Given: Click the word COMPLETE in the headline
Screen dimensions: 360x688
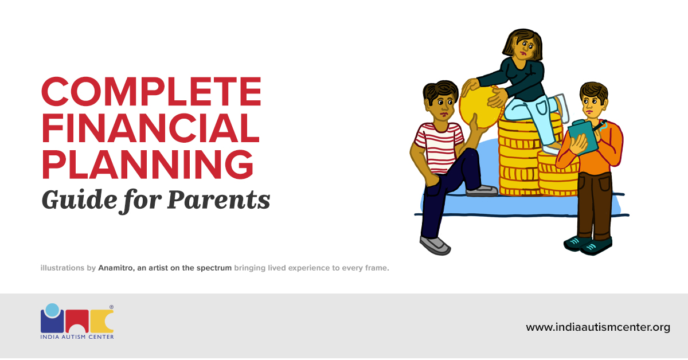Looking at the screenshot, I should tap(151, 91).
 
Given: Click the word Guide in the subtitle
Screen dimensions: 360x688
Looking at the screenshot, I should tap(73, 200).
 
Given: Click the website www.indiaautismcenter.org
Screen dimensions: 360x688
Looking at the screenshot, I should tap(598, 327).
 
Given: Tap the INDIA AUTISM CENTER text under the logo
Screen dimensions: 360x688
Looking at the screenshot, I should tap(77, 336).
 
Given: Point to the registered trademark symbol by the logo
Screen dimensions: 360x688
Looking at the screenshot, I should tap(111, 307).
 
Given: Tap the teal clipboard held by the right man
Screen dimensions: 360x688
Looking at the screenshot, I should tap(584, 136).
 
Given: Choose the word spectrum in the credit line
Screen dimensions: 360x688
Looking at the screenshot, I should tap(213, 268).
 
